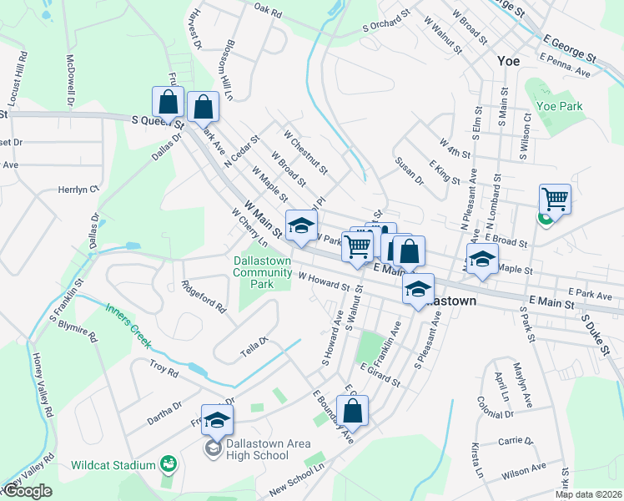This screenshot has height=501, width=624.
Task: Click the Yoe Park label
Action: (559, 106)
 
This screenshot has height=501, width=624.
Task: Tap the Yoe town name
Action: (508, 61)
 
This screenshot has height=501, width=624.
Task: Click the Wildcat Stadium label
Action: (125, 464)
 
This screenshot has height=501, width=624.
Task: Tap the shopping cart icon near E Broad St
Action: (555, 199)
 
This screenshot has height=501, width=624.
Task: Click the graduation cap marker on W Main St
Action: (302, 225)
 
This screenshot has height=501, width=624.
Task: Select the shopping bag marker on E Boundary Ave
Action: (353, 409)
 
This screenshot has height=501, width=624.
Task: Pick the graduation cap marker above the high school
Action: (217, 419)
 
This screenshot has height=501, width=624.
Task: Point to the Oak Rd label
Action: (269, 11)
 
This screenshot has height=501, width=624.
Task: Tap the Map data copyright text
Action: (589, 494)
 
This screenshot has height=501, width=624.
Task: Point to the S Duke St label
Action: (597, 334)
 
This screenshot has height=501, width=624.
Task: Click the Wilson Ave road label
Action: (524, 472)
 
